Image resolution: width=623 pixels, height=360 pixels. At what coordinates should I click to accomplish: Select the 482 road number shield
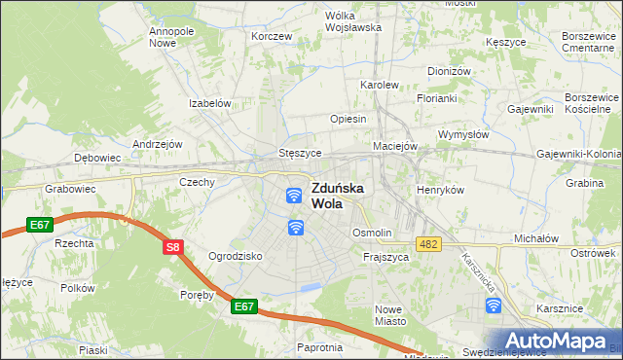pyautogui.click(x=428, y=242)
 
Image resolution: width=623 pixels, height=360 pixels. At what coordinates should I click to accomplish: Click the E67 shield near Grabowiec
pyautogui.click(x=40, y=225)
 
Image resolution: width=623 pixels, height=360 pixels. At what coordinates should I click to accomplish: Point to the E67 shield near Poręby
pyautogui.click(x=244, y=306)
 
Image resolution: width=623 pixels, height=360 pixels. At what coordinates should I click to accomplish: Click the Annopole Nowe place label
pyautogui.click(x=170, y=37)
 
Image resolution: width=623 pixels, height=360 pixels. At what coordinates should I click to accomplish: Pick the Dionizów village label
pyautogui.click(x=449, y=71)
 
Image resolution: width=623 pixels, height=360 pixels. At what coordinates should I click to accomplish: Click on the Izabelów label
pyautogui.click(x=209, y=103)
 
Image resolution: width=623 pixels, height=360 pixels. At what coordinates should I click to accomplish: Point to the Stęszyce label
pyautogui.click(x=300, y=153)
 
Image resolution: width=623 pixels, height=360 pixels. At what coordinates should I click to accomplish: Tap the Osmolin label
pyautogui.click(x=372, y=233)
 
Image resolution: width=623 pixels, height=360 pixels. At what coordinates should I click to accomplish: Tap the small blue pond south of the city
pyautogui.click(x=311, y=287)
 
